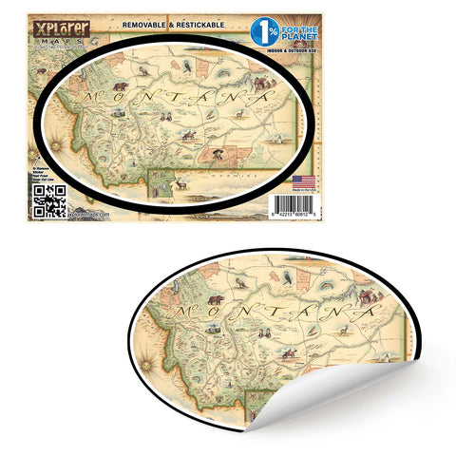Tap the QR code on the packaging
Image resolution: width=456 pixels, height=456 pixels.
coord(49,200)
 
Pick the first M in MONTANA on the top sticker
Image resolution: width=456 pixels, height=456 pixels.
coord(91,98)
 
